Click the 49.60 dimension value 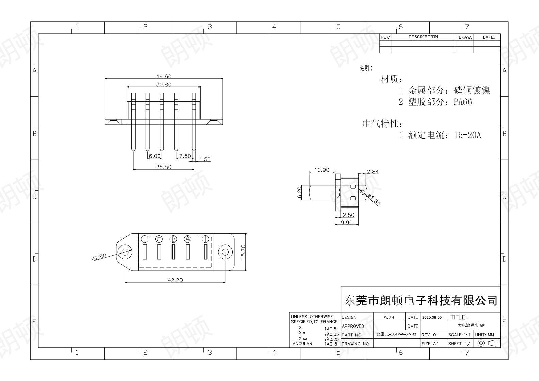pyautogui.click(x=163, y=77)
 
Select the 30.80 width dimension pyautogui.click(x=163, y=85)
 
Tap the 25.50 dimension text pyautogui.click(x=163, y=167)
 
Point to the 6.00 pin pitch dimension pyautogui.click(x=155, y=156)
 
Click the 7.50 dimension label pyautogui.click(x=185, y=156)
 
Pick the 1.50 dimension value pyautogui.click(x=205, y=159)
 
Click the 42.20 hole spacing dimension pyautogui.click(x=175, y=280)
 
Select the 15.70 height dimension pyautogui.click(x=243, y=252)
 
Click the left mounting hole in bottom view pyautogui.click(x=125, y=252)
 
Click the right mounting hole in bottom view pyautogui.click(x=225, y=252)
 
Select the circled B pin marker pyautogui.click(x=173, y=239)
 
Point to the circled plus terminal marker pyautogui.click(x=205, y=239)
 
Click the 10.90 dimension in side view pyautogui.click(x=321, y=170)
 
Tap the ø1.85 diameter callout pyautogui.click(x=374, y=200)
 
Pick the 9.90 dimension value pyautogui.click(x=346, y=222)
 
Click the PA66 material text pyautogui.click(x=462, y=102)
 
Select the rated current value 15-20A pyautogui.click(x=467, y=135)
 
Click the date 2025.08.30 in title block pyautogui.click(x=432, y=317)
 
